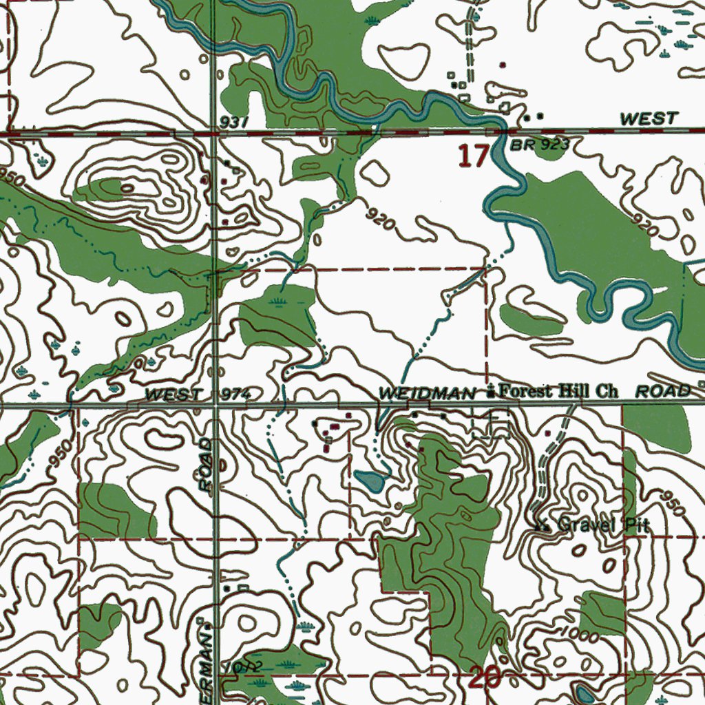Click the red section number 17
pyautogui.click(x=473, y=156)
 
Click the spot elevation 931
pyautogui.click(x=234, y=121)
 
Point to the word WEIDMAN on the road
pyautogui.click(x=427, y=393)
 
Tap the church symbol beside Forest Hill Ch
pyautogui.click(x=490, y=392)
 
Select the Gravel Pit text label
pyautogui.click(x=603, y=525)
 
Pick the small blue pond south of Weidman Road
pyautogui.click(x=370, y=481)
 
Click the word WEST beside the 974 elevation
pyautogui.click(x=174, y=394)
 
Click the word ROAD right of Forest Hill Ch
pyautogui.click(x=662, y=392)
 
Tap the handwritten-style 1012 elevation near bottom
pyautogui.click(x=248, y=666)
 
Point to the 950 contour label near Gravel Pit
pyautogui.click(x=671, y=505)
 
